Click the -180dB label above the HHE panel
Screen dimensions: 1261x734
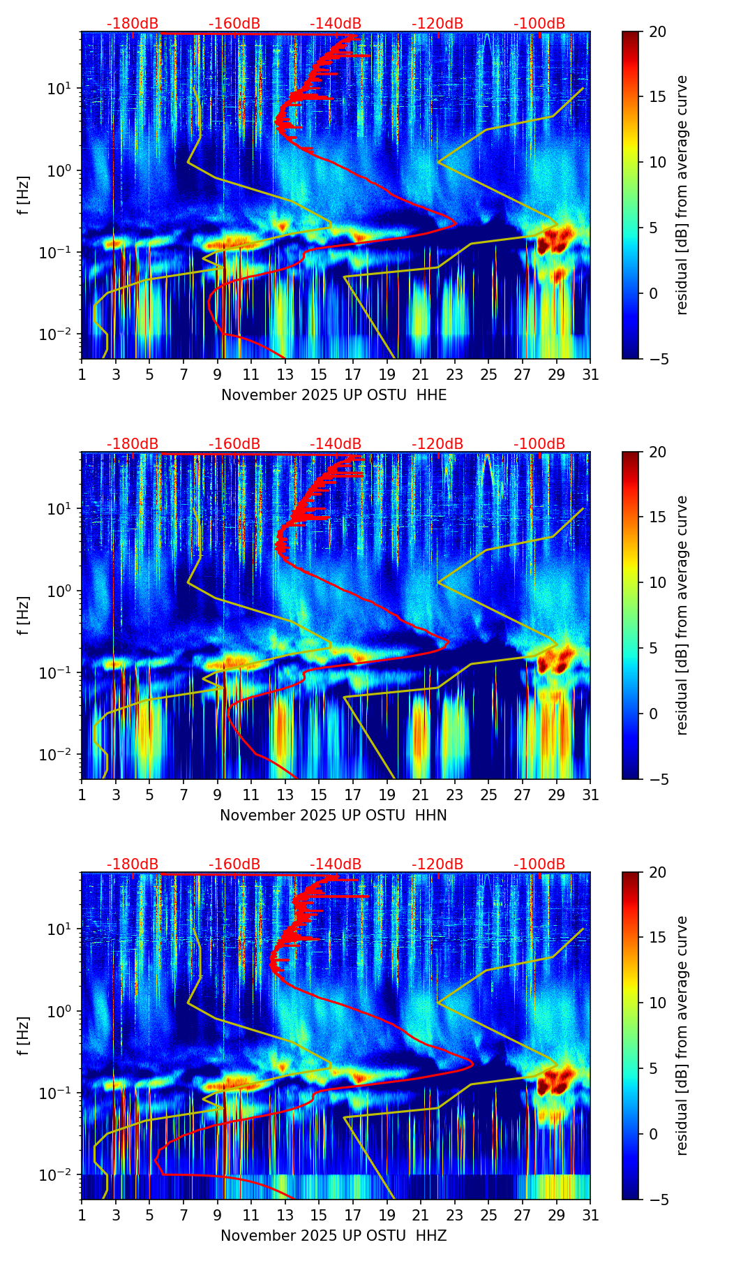(133, 24)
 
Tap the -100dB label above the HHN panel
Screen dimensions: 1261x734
(539, 444)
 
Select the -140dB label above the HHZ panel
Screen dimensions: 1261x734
(336, 864)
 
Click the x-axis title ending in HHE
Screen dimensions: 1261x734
(334, 395)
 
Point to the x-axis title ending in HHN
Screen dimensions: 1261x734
(334, 816)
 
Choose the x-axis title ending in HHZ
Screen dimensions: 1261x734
(334, 1236)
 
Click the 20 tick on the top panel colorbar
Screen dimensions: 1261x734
(657, 31)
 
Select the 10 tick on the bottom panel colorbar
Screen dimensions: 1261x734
(657, 1003)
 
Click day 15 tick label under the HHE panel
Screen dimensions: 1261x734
(319, 374)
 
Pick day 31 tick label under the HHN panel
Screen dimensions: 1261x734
(590, 795)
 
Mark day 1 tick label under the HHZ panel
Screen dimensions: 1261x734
(82, 1215)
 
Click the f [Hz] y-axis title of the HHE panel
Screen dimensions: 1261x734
(24, 195)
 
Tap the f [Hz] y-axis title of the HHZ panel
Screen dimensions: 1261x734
(24, 1035)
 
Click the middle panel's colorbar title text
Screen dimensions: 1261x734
(682, 615)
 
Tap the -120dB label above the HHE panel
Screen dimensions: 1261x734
(437, 24)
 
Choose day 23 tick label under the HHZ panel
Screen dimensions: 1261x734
(454, 1215)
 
